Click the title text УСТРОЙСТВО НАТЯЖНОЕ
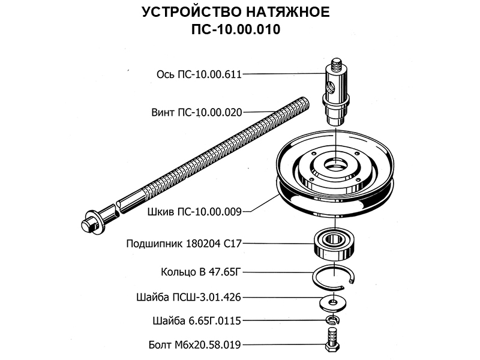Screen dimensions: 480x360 tap(235, 12)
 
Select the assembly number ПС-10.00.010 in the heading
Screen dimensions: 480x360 tap(236, 29)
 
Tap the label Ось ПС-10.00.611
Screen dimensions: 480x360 tap(199, 74)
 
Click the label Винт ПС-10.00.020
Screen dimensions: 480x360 tap(197, 112)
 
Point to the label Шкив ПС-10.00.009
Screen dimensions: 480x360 tap(194, 212)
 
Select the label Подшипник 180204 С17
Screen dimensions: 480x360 tap(184, 244)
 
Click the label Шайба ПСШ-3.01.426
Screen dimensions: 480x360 tap(188, 297)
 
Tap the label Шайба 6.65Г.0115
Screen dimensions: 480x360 tap(197, 321)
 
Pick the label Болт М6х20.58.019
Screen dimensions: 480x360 tap(194, 345)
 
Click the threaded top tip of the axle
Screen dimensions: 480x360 tap(336, 64)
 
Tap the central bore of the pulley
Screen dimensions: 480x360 tap(335, 166)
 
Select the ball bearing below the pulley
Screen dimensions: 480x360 tap(334, 245)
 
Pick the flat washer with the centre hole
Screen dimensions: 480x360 tap(333, 303)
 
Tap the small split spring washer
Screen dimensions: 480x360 tap(332, 320)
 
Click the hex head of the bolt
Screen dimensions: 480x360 tap(332, 347)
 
